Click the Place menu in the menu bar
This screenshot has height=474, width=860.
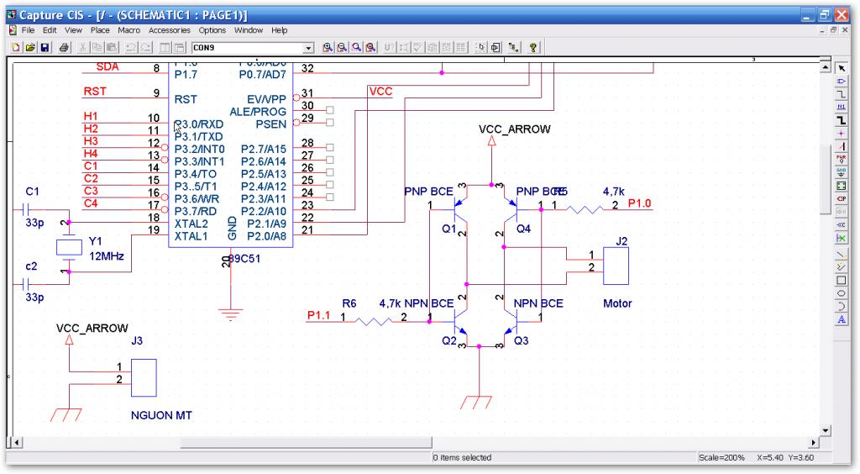pyautogui.click(x=100, y=30)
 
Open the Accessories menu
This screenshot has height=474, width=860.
pyautogui.click(x=170, y=30)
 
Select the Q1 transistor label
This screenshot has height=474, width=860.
pyautogui.click(x=448, y=228)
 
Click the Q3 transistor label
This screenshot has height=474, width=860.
pyautogui.click(x=522, y=340)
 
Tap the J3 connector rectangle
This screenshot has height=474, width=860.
pyautogui.click(x=144, y=378)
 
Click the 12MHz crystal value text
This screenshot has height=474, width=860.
pyautogui.click(x=107, y=255)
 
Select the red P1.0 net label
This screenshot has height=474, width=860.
pyautogui.click(x=639, y=203)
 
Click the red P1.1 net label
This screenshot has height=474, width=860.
pyautogui.click(x=318, y=315)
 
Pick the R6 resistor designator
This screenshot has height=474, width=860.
pyautogui.click(x=349, y=303)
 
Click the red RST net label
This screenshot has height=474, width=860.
pyautogui.click(x=95, y=92)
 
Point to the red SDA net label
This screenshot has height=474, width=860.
pyautogui.click(x=107, y=66)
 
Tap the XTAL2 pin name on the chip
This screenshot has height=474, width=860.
pyautogui.click(x=191, y=224)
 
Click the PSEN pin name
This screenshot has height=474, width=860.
pyautogui.click(x=271, y=124)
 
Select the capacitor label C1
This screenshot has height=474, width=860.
pyautogui.click(x=33, y=191)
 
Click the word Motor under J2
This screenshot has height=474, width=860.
pyautogui.click(x=617, y=303)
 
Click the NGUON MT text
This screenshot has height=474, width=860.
pyautogui.click(x=160, y=415)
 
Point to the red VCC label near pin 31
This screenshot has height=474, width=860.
pyautogui.click(x=380, y=91)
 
